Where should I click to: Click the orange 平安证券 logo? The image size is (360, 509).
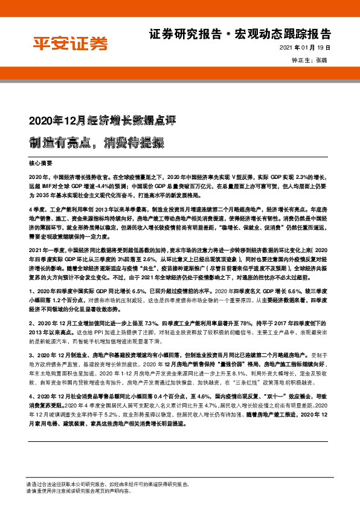69,44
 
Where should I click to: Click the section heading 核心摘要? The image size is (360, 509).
41,163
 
